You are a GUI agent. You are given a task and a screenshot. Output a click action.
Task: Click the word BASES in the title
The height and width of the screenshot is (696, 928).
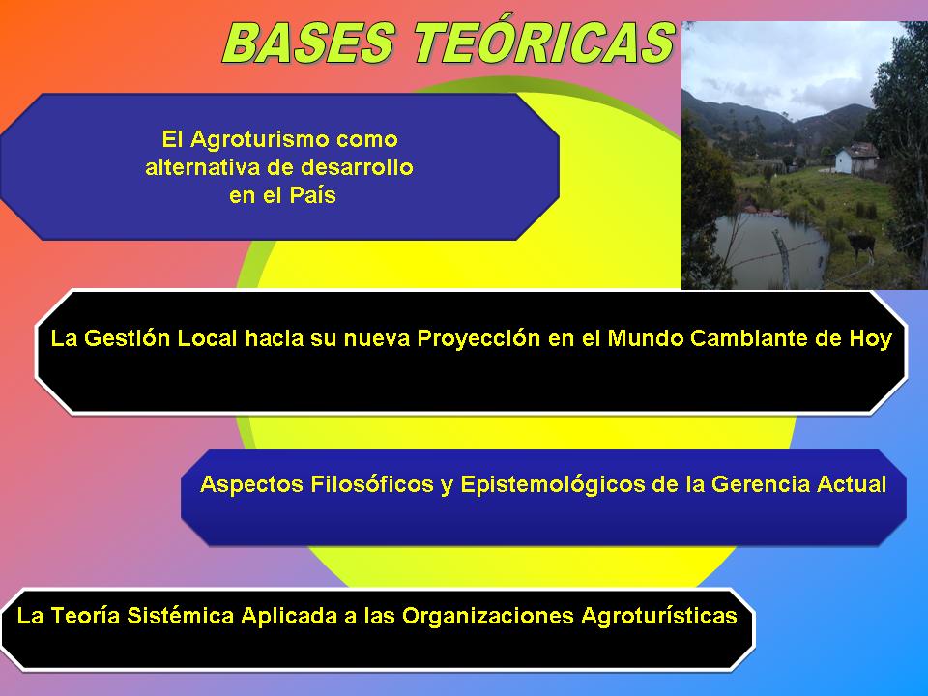click(x=309, y=43)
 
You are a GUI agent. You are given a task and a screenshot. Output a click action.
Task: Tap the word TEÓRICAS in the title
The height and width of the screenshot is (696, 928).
click(x=544, y=43)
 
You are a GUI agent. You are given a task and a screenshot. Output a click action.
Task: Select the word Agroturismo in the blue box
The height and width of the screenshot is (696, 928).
click(x=259, y=140)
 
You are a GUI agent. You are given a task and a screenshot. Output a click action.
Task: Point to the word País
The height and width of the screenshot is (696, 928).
click(x=312, y=194)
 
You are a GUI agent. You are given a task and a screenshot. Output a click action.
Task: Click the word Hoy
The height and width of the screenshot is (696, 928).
click(x=871, y=339)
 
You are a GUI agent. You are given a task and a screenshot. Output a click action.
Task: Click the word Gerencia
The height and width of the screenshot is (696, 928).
click(x=761, y=484)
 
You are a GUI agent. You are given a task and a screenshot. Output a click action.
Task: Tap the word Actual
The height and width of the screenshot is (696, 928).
click(x=852, y=484)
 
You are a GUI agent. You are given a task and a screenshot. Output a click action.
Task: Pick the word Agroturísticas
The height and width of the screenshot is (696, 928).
click(x=658, y=616)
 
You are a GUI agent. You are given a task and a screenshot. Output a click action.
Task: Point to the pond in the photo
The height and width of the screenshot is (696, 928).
click(x=769, y=248)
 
